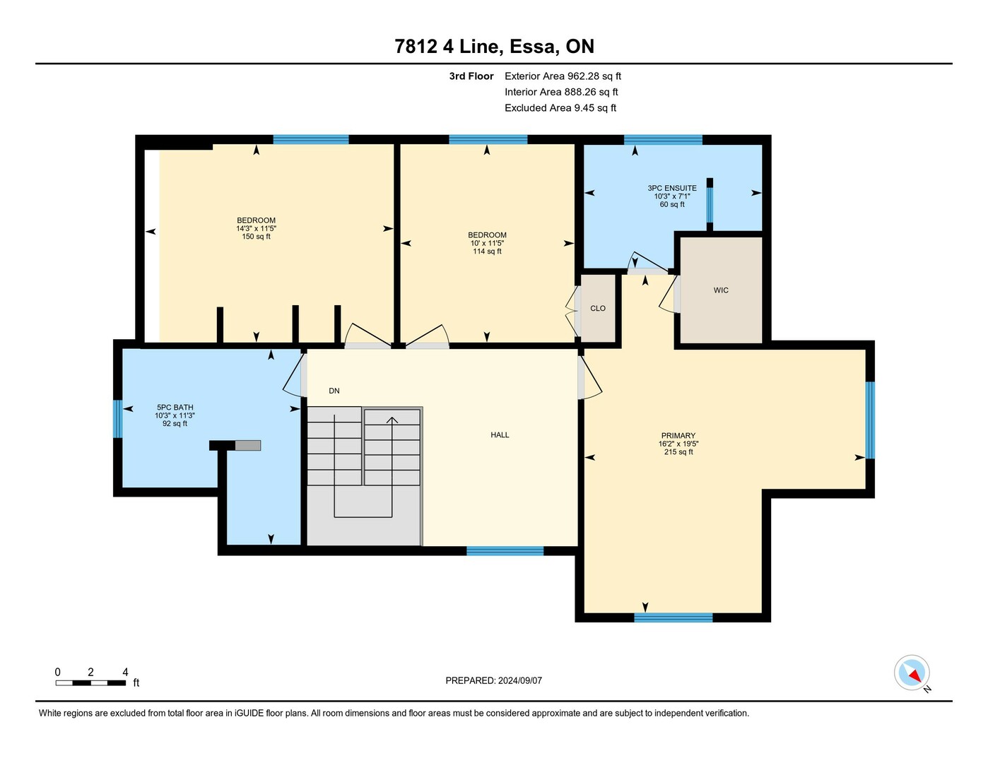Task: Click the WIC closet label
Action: [721, 290]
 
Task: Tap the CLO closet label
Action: [597, 309]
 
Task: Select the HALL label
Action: [500, 435]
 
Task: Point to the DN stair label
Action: [334, 391]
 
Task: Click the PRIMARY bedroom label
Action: [678, 435]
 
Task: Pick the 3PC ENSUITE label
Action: [672, 188]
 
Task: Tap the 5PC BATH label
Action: [175, 408]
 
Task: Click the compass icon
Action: [912, 673]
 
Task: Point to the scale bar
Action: [90, 682]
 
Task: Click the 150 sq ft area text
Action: [256, 237]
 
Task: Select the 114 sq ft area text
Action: [487, 252]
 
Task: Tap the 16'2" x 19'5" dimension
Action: [678, 444]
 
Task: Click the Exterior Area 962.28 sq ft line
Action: [563, 76]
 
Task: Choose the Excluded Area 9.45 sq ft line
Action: [560, 108]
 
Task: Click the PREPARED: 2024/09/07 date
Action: [494, 681]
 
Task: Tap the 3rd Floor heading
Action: [471, 76]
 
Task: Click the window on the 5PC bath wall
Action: [118, 419]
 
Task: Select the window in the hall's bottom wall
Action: [505, 551]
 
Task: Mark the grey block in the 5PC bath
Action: [248, 445]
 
